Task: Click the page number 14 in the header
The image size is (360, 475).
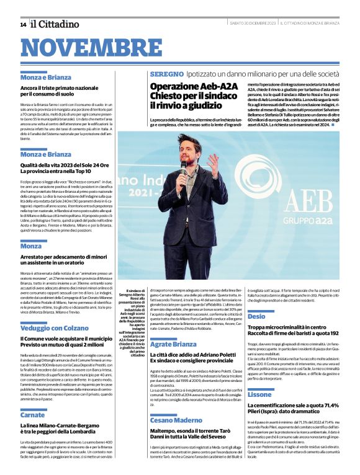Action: (23, 24)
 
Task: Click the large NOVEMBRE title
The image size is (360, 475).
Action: (95, 48)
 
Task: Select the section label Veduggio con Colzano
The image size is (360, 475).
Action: (55, 327)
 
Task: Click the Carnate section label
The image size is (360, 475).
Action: (32, 415)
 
